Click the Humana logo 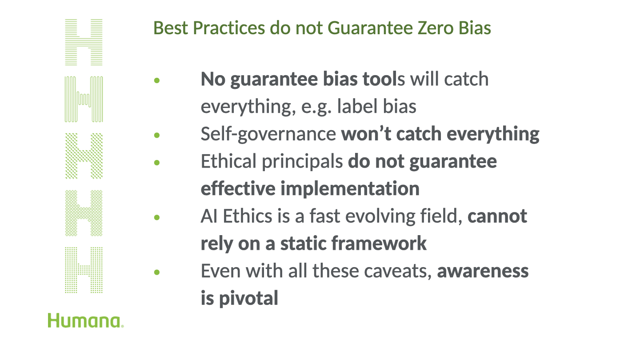86,320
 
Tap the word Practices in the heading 229,28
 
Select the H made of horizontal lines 84,42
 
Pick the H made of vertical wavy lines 84,99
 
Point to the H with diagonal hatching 84,156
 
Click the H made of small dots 84,270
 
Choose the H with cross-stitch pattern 84,213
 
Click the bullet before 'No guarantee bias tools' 156,80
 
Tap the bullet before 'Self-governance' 156,135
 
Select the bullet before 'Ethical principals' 156,163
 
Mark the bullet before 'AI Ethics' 156,217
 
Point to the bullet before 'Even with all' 156,272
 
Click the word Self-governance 268,134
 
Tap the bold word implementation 350,189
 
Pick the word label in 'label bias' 357,106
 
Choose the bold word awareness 483,271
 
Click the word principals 302,162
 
